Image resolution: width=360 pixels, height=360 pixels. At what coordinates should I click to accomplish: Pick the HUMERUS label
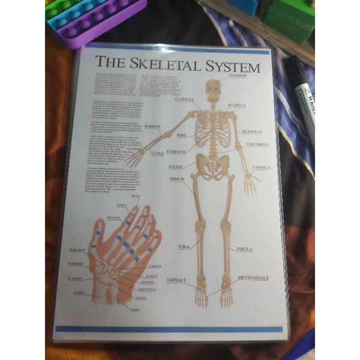point(253,131)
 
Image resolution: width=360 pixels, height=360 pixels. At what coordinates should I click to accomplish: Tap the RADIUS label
point(152,127)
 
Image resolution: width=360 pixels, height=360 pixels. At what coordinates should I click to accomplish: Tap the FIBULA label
point(245,248)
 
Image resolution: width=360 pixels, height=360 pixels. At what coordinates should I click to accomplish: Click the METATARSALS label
point(253,278)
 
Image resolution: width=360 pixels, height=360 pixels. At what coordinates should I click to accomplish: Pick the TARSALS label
point(176,280)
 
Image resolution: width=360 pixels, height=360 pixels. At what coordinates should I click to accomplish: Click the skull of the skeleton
point(212,89)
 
